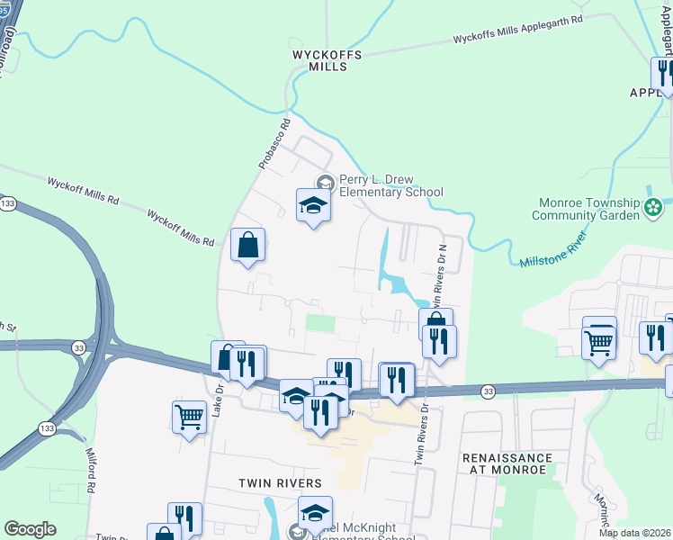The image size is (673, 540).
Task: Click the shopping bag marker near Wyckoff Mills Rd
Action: click(x=247, y=246)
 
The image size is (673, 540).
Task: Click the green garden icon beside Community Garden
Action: click(x=653, y=209)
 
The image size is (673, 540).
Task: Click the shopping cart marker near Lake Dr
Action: click(x=189, y=417)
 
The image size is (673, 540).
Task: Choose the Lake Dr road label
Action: click(x=218, y=404)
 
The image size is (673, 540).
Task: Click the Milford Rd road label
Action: click(x=91, y=472)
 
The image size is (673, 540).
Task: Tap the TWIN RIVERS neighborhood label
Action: click(x=280, y=483)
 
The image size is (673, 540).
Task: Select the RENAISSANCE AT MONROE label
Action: click(x=507, y=464)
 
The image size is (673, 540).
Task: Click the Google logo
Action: click(x=30, y=529)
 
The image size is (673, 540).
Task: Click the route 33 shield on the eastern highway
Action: click(x=488, y=391)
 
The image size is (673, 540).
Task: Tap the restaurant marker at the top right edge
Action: click(x=664, y=74)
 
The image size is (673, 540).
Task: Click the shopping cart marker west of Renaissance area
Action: click(x=598, y=337)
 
